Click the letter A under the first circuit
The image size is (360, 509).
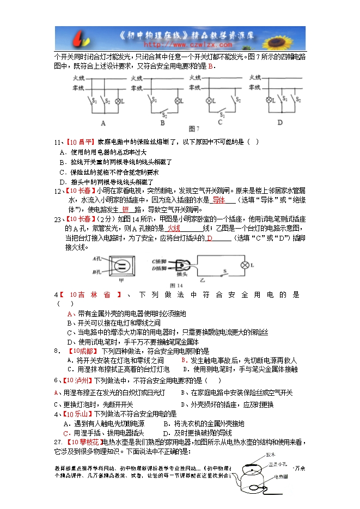click(x=103, y=122)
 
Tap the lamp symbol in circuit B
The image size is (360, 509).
click(x=176, y=101)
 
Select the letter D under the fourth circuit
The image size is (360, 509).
click(x=279, y=122)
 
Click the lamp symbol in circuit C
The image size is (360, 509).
click(x=208, y=101)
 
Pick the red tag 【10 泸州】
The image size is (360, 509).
click(x=79, y=380)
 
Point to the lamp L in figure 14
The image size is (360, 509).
click(x=245, y=265)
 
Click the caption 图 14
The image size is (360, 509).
click(x=175, y=285)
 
